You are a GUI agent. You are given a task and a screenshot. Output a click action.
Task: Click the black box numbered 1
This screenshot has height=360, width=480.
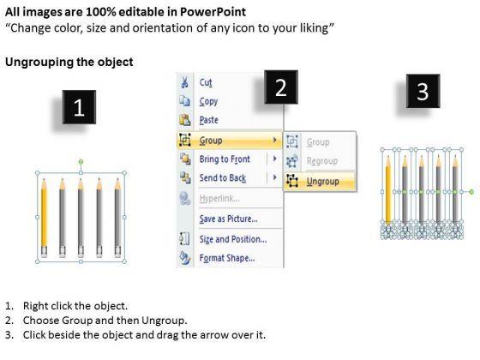pos(79,107)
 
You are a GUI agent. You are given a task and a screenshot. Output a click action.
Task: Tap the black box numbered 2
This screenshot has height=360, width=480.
pos(281,87)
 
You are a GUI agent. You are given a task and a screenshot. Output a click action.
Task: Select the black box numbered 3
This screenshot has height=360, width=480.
pos(423,91)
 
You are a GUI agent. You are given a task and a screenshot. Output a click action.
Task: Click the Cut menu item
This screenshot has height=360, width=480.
pos(206,82)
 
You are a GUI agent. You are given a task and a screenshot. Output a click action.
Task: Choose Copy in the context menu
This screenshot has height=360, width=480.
pos(208,101)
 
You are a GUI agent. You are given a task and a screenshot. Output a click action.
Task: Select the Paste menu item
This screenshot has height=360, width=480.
pos(209,120)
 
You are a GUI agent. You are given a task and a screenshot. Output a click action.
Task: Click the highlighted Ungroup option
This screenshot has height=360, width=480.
pos(323,182)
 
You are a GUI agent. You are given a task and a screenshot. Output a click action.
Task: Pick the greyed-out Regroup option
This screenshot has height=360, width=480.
pos(322,161)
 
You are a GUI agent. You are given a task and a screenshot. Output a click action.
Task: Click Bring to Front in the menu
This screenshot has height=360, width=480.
pos(225,159)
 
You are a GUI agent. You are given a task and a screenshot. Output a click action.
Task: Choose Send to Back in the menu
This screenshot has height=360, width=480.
pos(223,178)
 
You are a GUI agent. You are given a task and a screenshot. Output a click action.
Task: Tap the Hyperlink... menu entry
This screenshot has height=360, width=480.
pos(219,198)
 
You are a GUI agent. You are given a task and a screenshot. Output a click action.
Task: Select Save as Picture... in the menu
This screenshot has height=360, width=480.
pos(228,219)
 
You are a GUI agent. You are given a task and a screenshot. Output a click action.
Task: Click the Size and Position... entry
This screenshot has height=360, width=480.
pos(233,239)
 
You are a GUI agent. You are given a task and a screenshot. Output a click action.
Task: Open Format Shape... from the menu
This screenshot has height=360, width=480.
pos(227,258)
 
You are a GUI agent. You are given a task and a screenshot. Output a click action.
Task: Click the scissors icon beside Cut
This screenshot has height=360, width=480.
pos(185,82)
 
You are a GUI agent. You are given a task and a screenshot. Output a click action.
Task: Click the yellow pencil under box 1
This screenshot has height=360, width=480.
pos(44,218)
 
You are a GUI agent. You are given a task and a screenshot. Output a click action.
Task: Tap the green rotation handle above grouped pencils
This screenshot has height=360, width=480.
pos(81,162)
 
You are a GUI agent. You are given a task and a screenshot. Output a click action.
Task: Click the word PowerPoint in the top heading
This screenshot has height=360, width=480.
pos(213,12)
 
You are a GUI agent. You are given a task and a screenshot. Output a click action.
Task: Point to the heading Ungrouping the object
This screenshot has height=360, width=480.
pos(69,62)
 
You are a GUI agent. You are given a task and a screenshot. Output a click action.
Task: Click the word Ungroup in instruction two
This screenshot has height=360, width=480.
pos(163,321)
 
